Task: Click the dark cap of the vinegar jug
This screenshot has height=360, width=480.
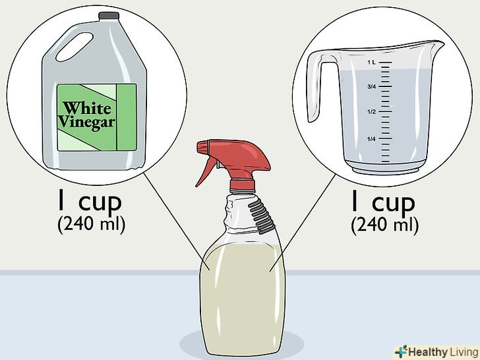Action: [x=109, y=16]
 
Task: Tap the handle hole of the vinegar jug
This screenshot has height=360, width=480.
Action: [x=75, y=47]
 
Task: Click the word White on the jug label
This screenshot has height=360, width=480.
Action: [x=87, y=108]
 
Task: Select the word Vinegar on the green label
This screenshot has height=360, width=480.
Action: [x=86, y=123]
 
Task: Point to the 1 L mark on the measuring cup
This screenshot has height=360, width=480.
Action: [x=371, y=63]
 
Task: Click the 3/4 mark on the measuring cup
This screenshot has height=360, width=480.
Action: [x=371, y=86]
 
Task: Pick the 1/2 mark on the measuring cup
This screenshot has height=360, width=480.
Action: [x=371, y=111]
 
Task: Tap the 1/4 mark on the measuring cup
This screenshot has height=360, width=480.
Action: [x=371, y=139]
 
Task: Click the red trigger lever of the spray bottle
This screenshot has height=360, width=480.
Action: [x=206, y=171]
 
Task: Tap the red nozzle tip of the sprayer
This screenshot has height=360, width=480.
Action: [x=202, y=147]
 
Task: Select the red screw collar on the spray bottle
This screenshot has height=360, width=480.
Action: [x=242, y=185]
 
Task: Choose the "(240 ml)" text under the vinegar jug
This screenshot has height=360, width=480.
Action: [x=91, y=224]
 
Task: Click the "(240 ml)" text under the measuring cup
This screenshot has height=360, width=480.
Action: [x=384, y=225]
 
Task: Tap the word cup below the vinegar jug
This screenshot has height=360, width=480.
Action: [x=100, y=202]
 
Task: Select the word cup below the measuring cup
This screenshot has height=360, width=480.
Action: [x=394, y=203]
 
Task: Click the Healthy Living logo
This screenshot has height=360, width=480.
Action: [x=436, y=352]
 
